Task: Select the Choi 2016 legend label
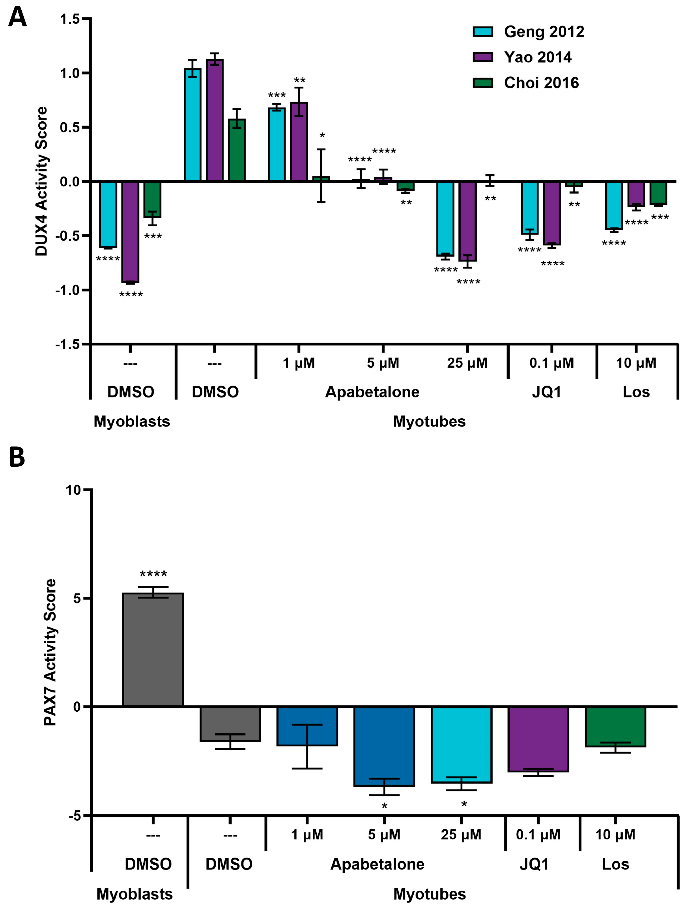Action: click(x=541, y=83)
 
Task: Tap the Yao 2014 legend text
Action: click(x=537, y=57)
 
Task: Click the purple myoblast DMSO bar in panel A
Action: click(x=130, y=232)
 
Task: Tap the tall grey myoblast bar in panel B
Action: click(x=153, y=650)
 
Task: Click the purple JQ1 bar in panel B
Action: click(x=538, y=739)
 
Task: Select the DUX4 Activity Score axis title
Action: click(x=42, y=181)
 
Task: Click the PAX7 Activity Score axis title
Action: click(x=50, y=652)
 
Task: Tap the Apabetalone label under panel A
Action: click(x=372, y=392)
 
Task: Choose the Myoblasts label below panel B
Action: click(x=135, y=894)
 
